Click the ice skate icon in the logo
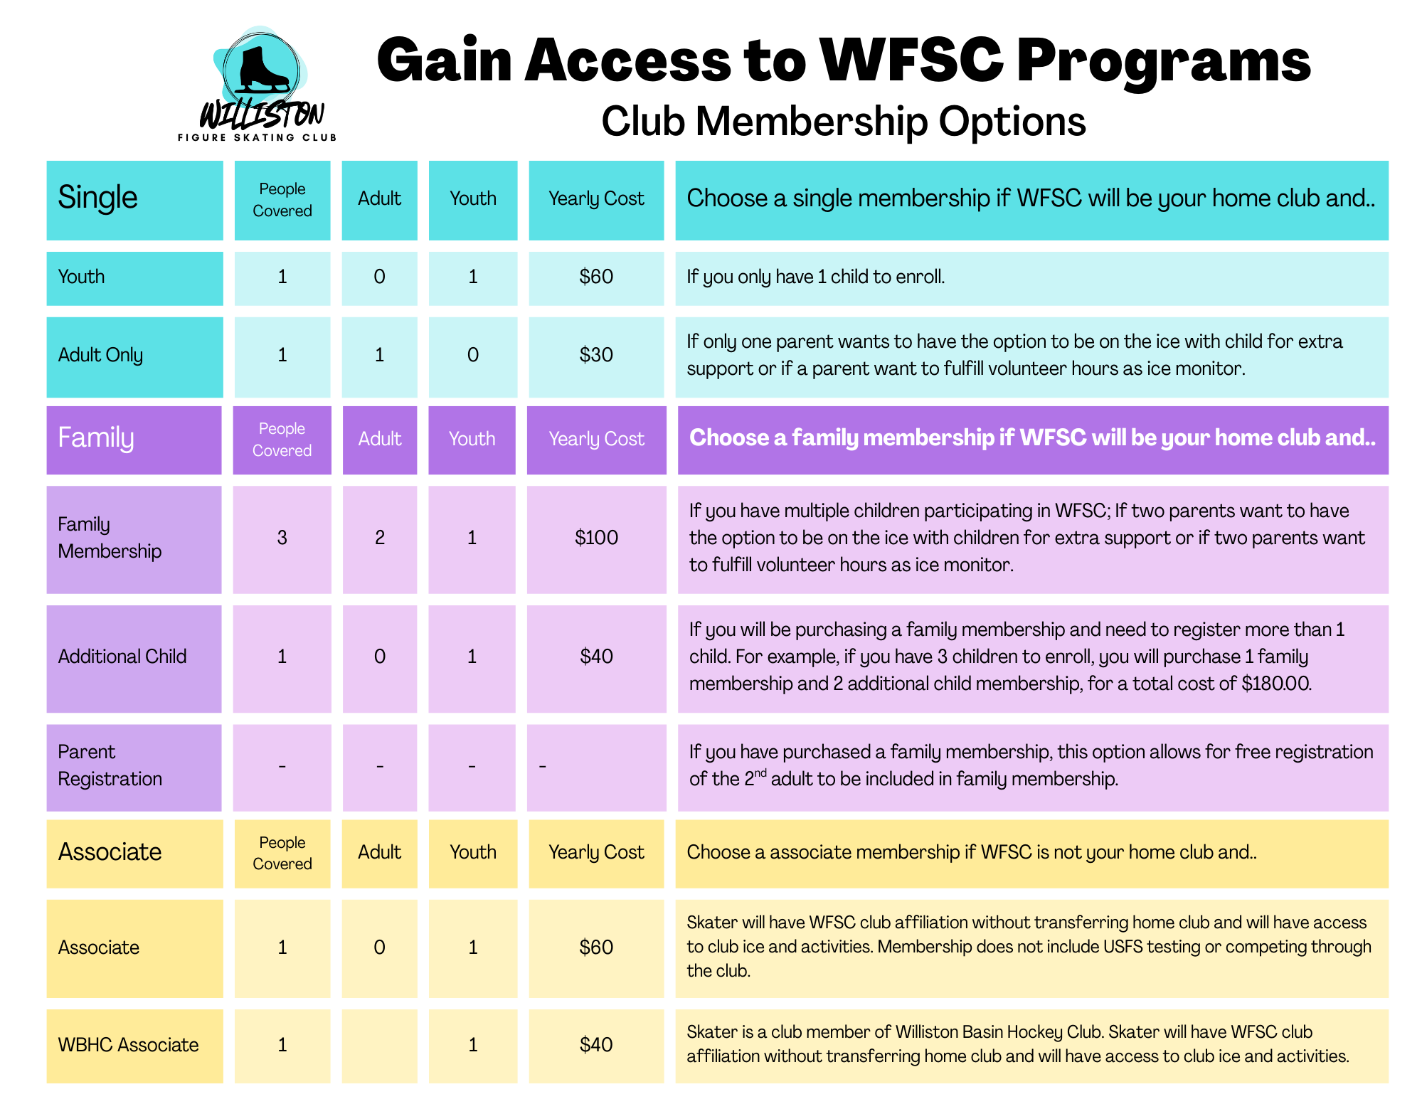262,69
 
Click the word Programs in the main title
1163,61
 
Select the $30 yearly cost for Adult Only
596,355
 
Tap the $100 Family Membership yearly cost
596,538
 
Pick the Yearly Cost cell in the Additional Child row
596,657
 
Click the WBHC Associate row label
128,1045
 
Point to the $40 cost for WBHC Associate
596,1045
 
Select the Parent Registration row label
110,765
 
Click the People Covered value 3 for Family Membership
282,538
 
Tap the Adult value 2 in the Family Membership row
380,538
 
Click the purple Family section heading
96,438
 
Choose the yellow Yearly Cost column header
596,852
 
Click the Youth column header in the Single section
473,198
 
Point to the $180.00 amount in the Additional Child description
1275,684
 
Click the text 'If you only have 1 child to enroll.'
815,277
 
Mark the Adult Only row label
100,355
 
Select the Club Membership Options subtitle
844,121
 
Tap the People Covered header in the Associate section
282,853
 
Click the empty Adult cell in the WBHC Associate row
380,1046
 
